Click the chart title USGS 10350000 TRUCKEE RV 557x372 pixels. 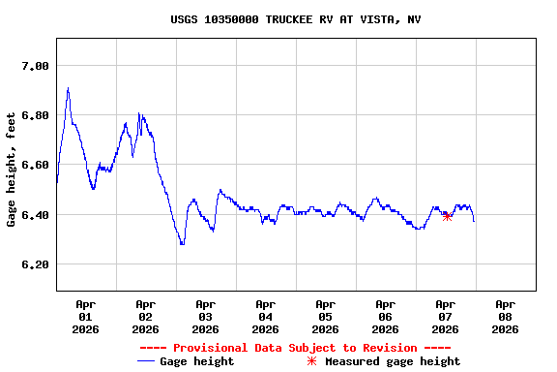click(x=295, y=19)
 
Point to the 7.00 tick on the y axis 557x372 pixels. click(x=36, y=66)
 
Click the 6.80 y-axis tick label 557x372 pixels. click(x=36, y=115)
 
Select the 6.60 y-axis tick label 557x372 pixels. click(x=36, y=165)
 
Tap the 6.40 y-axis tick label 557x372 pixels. click(x=36, y=214)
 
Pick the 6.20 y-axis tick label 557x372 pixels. click(x=36, y=263)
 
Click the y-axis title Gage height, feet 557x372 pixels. click(x=12, y=170)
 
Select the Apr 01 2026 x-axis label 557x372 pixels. click(x=85, y=316)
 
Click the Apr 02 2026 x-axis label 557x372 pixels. click(x=145, y=316)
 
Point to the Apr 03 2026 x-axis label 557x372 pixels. click(x=205, y=316)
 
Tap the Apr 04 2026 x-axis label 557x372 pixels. click(x=265, y=316)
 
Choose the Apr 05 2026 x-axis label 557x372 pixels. click(x=325, y=316)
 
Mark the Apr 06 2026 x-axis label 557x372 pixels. click(x=385, y=316)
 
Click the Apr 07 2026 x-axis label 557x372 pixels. click(x=445, y=316)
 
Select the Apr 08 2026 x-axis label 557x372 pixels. click(x=505, y=316)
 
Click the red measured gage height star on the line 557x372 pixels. click(x=447, y=217)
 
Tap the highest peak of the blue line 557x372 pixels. click(x=68, y=88)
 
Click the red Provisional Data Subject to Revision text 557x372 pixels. click(x=295, y=348)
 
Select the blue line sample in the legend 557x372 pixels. click(x=146, y=361)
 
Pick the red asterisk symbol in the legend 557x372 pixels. click(x=311, y=361)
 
